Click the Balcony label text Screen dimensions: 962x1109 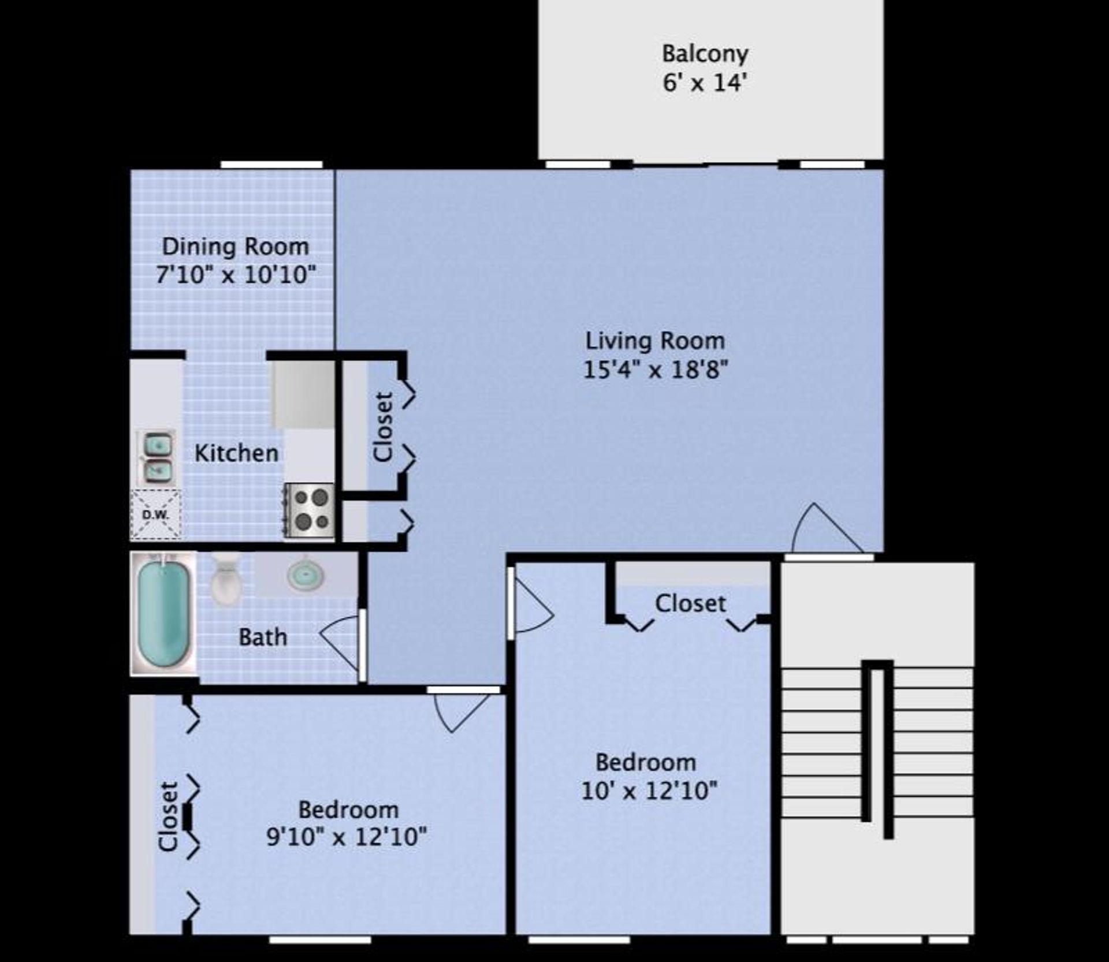pos(705,54)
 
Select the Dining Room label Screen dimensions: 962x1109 pos(236,247)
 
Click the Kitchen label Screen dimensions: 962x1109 pos(236,453)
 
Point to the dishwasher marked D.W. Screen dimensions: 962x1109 pos(156,514)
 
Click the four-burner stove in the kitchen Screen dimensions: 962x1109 pos(310,511)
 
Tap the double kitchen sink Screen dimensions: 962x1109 pos(157,458)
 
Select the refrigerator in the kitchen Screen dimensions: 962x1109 pos(304,394)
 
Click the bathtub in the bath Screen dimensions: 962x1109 pos(164,613)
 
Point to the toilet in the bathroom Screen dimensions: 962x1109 pos(226,579)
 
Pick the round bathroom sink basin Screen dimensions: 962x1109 pos(305,575)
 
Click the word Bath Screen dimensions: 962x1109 pos(263,637)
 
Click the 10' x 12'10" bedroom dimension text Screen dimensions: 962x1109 pos(649,791)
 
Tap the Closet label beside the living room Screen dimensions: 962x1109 pos(384,427)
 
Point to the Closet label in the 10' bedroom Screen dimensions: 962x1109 pos(690,603)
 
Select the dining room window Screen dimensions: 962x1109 pos(271,165)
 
